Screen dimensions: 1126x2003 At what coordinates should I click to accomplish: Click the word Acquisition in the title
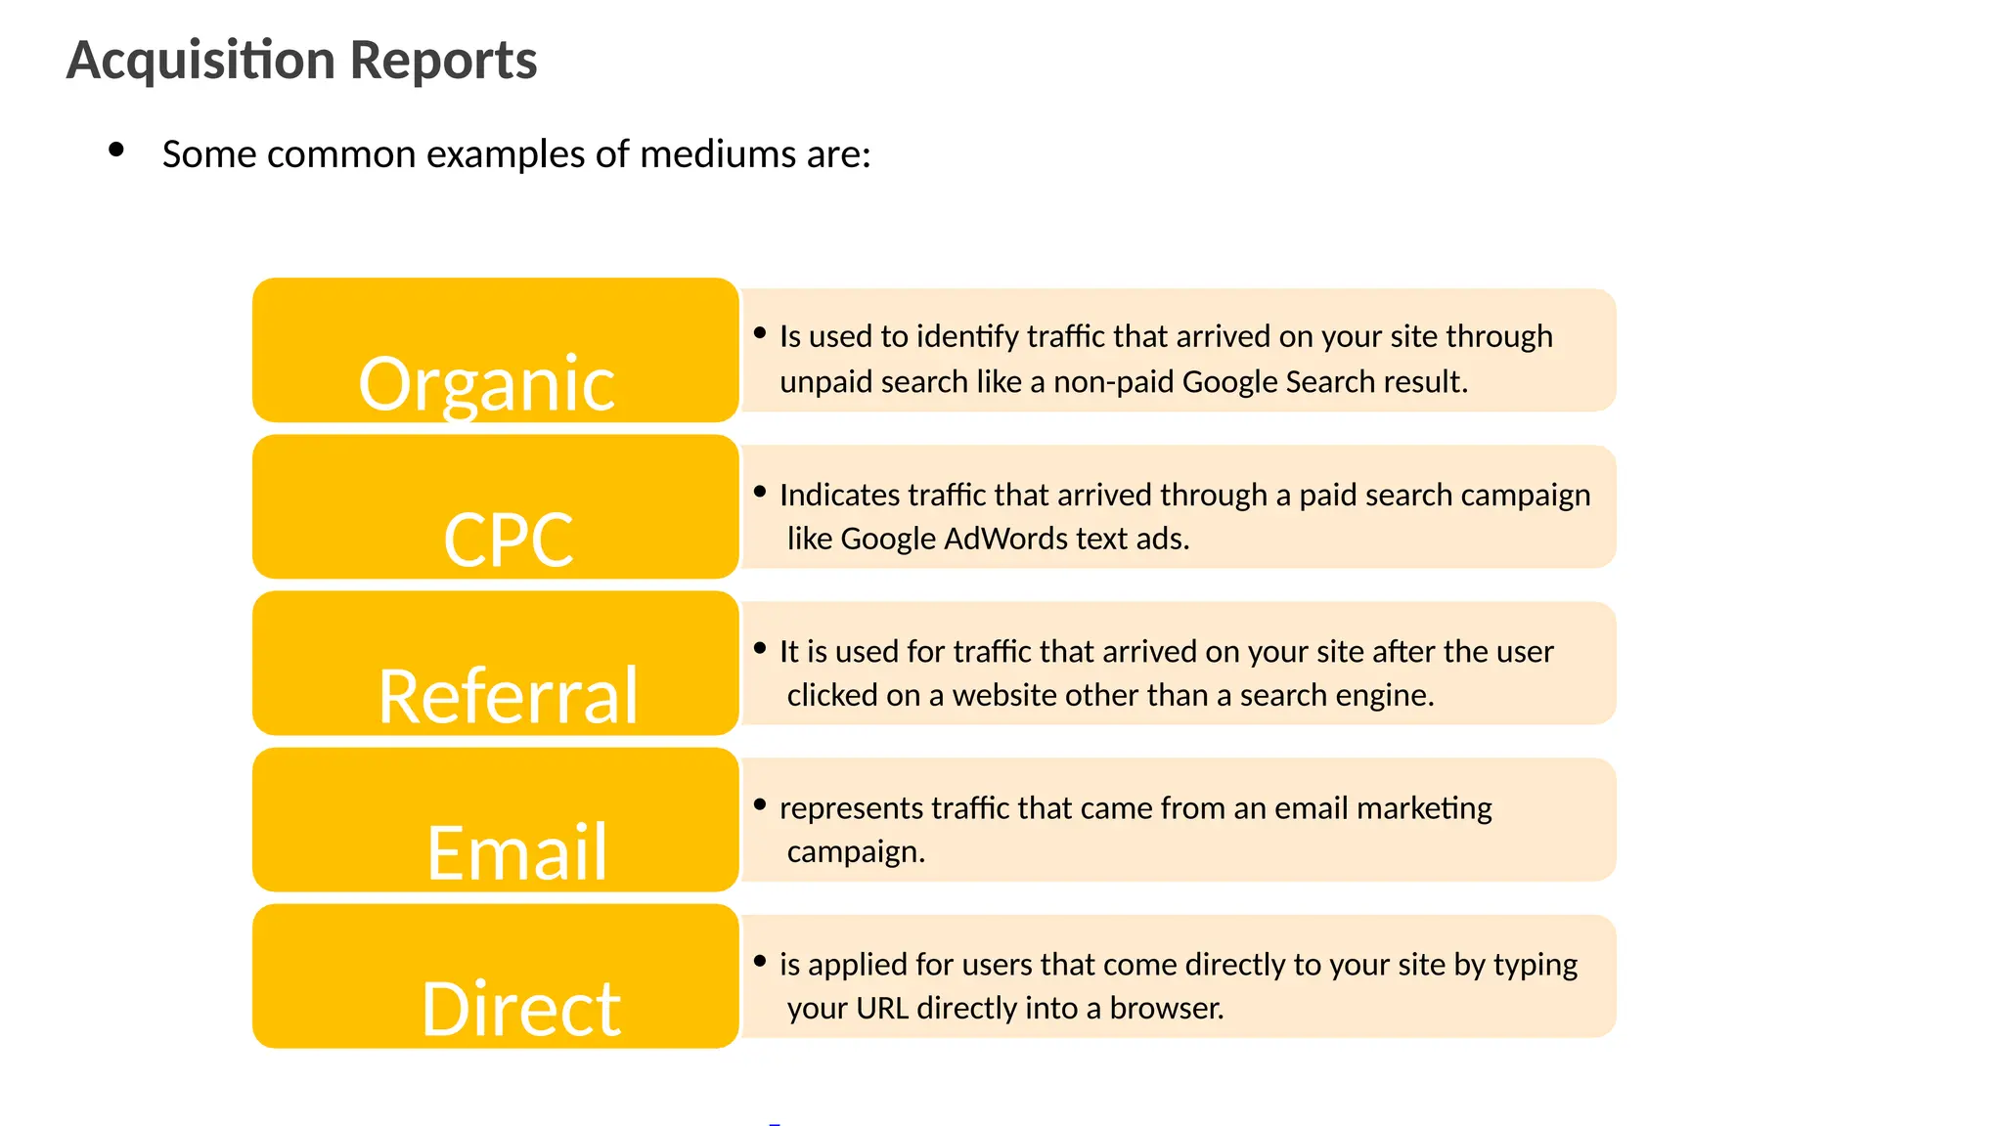point(200,61)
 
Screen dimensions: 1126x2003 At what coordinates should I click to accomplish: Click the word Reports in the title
point(443,61)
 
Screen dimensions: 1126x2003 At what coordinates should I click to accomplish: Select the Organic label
point(486,383)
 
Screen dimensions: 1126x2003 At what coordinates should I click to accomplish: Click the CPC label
point(508,540)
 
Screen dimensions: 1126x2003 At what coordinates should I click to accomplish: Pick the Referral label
point(508,696)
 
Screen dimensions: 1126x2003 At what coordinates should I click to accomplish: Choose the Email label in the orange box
point(516,852)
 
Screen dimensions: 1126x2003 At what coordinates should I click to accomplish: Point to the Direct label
point(520,1009)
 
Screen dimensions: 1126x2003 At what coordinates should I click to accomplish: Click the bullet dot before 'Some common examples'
point(116,150)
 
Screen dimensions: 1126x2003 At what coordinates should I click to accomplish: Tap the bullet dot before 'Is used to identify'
point(760,333)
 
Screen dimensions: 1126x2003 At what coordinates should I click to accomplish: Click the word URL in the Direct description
point(882,1008)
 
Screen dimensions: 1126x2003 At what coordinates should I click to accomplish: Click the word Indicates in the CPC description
point(839,495)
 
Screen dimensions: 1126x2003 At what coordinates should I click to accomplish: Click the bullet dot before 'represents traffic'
point(760,804)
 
